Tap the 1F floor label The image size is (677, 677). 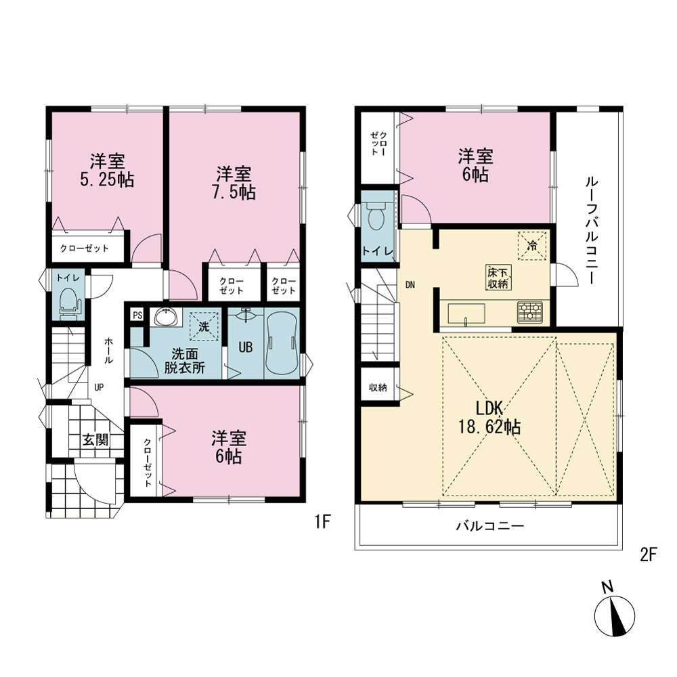click(322, 522)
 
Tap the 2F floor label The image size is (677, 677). click(648, 554)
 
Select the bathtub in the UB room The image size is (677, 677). click(282, 344)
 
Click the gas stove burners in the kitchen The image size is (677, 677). click(530, 312)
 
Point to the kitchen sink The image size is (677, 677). click(466, 313)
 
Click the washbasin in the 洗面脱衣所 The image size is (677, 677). click(166, 318)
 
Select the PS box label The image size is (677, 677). click(137, 315)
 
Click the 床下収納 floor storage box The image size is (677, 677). click(498, 278)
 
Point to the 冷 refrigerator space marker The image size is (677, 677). click(532, 246)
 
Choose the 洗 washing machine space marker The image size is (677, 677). click(204, 326)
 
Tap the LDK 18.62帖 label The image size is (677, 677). click(489, 417)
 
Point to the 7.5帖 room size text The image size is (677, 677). click(234, 192)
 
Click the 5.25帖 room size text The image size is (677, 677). click(107, 179)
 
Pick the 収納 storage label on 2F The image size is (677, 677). click(378, 387)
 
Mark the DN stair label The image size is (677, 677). click(410, 284)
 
